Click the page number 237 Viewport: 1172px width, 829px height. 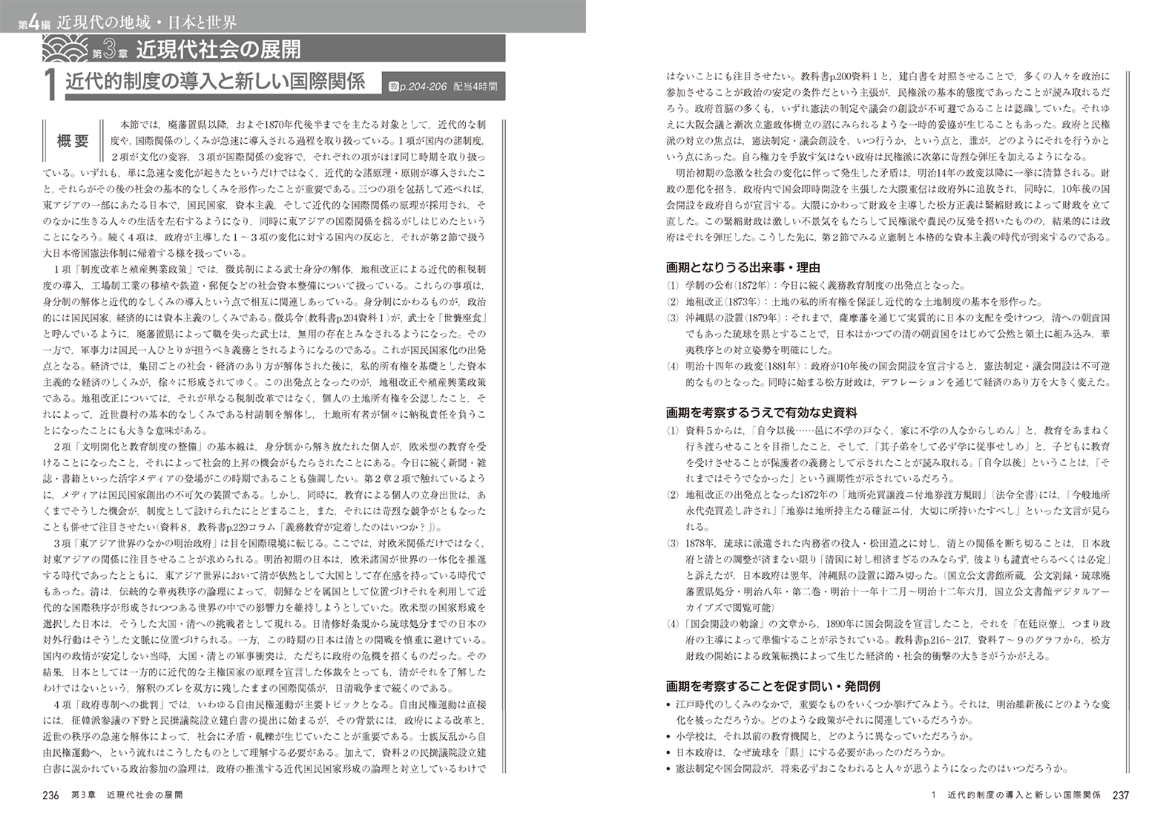[1119, 795]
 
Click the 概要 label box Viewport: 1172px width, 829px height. [73, 141]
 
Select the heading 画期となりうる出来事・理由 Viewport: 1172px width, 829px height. [743, 267]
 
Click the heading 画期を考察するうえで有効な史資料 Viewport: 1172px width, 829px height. [763, 412]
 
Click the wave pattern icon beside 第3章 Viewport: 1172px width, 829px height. [67, 50]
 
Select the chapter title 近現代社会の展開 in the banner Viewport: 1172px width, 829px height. [218, 50]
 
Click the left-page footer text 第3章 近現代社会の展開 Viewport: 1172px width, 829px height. [126, 795]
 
